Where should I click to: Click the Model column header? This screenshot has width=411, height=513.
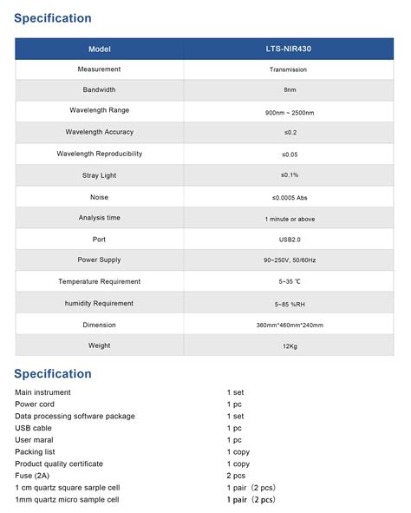100,49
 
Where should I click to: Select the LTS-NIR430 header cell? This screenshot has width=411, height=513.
290,49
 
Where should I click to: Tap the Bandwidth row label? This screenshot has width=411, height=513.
100,90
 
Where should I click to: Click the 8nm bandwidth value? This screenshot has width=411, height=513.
290,90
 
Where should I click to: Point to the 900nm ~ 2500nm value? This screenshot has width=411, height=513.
290,111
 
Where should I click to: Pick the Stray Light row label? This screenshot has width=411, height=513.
100,175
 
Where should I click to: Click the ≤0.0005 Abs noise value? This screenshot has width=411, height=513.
290,197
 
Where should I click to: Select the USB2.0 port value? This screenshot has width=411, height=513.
290,239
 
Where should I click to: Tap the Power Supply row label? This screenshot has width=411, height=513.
100,260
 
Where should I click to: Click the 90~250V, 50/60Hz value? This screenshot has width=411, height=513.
290,260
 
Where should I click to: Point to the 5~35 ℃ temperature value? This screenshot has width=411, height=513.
290,281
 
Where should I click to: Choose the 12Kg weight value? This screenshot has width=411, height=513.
290,345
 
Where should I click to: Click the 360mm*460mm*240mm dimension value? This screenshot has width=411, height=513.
290,325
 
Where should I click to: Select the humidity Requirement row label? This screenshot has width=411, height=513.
100,303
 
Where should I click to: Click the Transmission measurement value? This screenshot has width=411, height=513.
290,69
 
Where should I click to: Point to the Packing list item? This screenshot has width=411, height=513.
36,451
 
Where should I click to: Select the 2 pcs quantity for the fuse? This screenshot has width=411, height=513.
236,476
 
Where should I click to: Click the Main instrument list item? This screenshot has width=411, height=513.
43,392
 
